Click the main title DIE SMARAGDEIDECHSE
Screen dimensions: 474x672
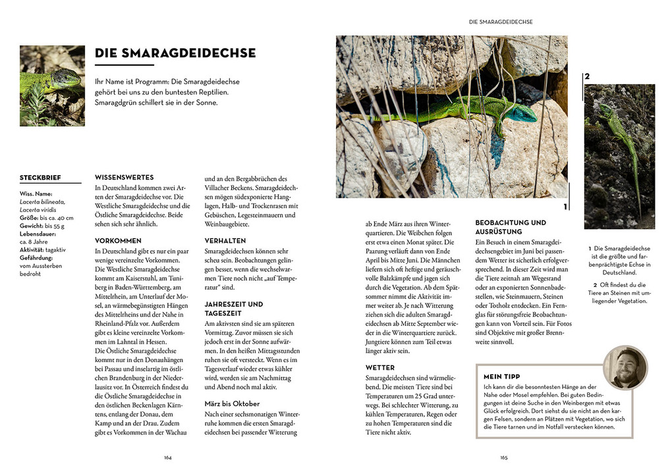[x=175, y=53]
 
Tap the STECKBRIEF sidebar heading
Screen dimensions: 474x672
[x=41, y=178]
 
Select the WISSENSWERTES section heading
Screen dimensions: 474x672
[x=125, y=177]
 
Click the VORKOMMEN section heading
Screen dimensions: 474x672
[x=118, y=241]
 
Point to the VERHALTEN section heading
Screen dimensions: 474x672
[x=225, y=241]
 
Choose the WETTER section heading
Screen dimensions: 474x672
[x=380, y=367]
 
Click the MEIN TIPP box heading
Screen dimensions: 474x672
[x=502, y=377]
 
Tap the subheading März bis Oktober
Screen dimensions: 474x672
[x=232, y=404]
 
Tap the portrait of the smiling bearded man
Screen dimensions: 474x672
[x=625, y=367]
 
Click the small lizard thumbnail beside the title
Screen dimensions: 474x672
[x=52, y=86]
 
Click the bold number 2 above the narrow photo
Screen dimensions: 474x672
[x=587, y=76]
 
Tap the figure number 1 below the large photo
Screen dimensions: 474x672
[x=565, y=207]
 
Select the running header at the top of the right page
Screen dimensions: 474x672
[x=501, y=22]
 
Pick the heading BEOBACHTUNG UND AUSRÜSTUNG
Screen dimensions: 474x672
[x=511, y=227]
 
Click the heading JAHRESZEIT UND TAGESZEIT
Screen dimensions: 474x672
[x=233, y=309]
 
